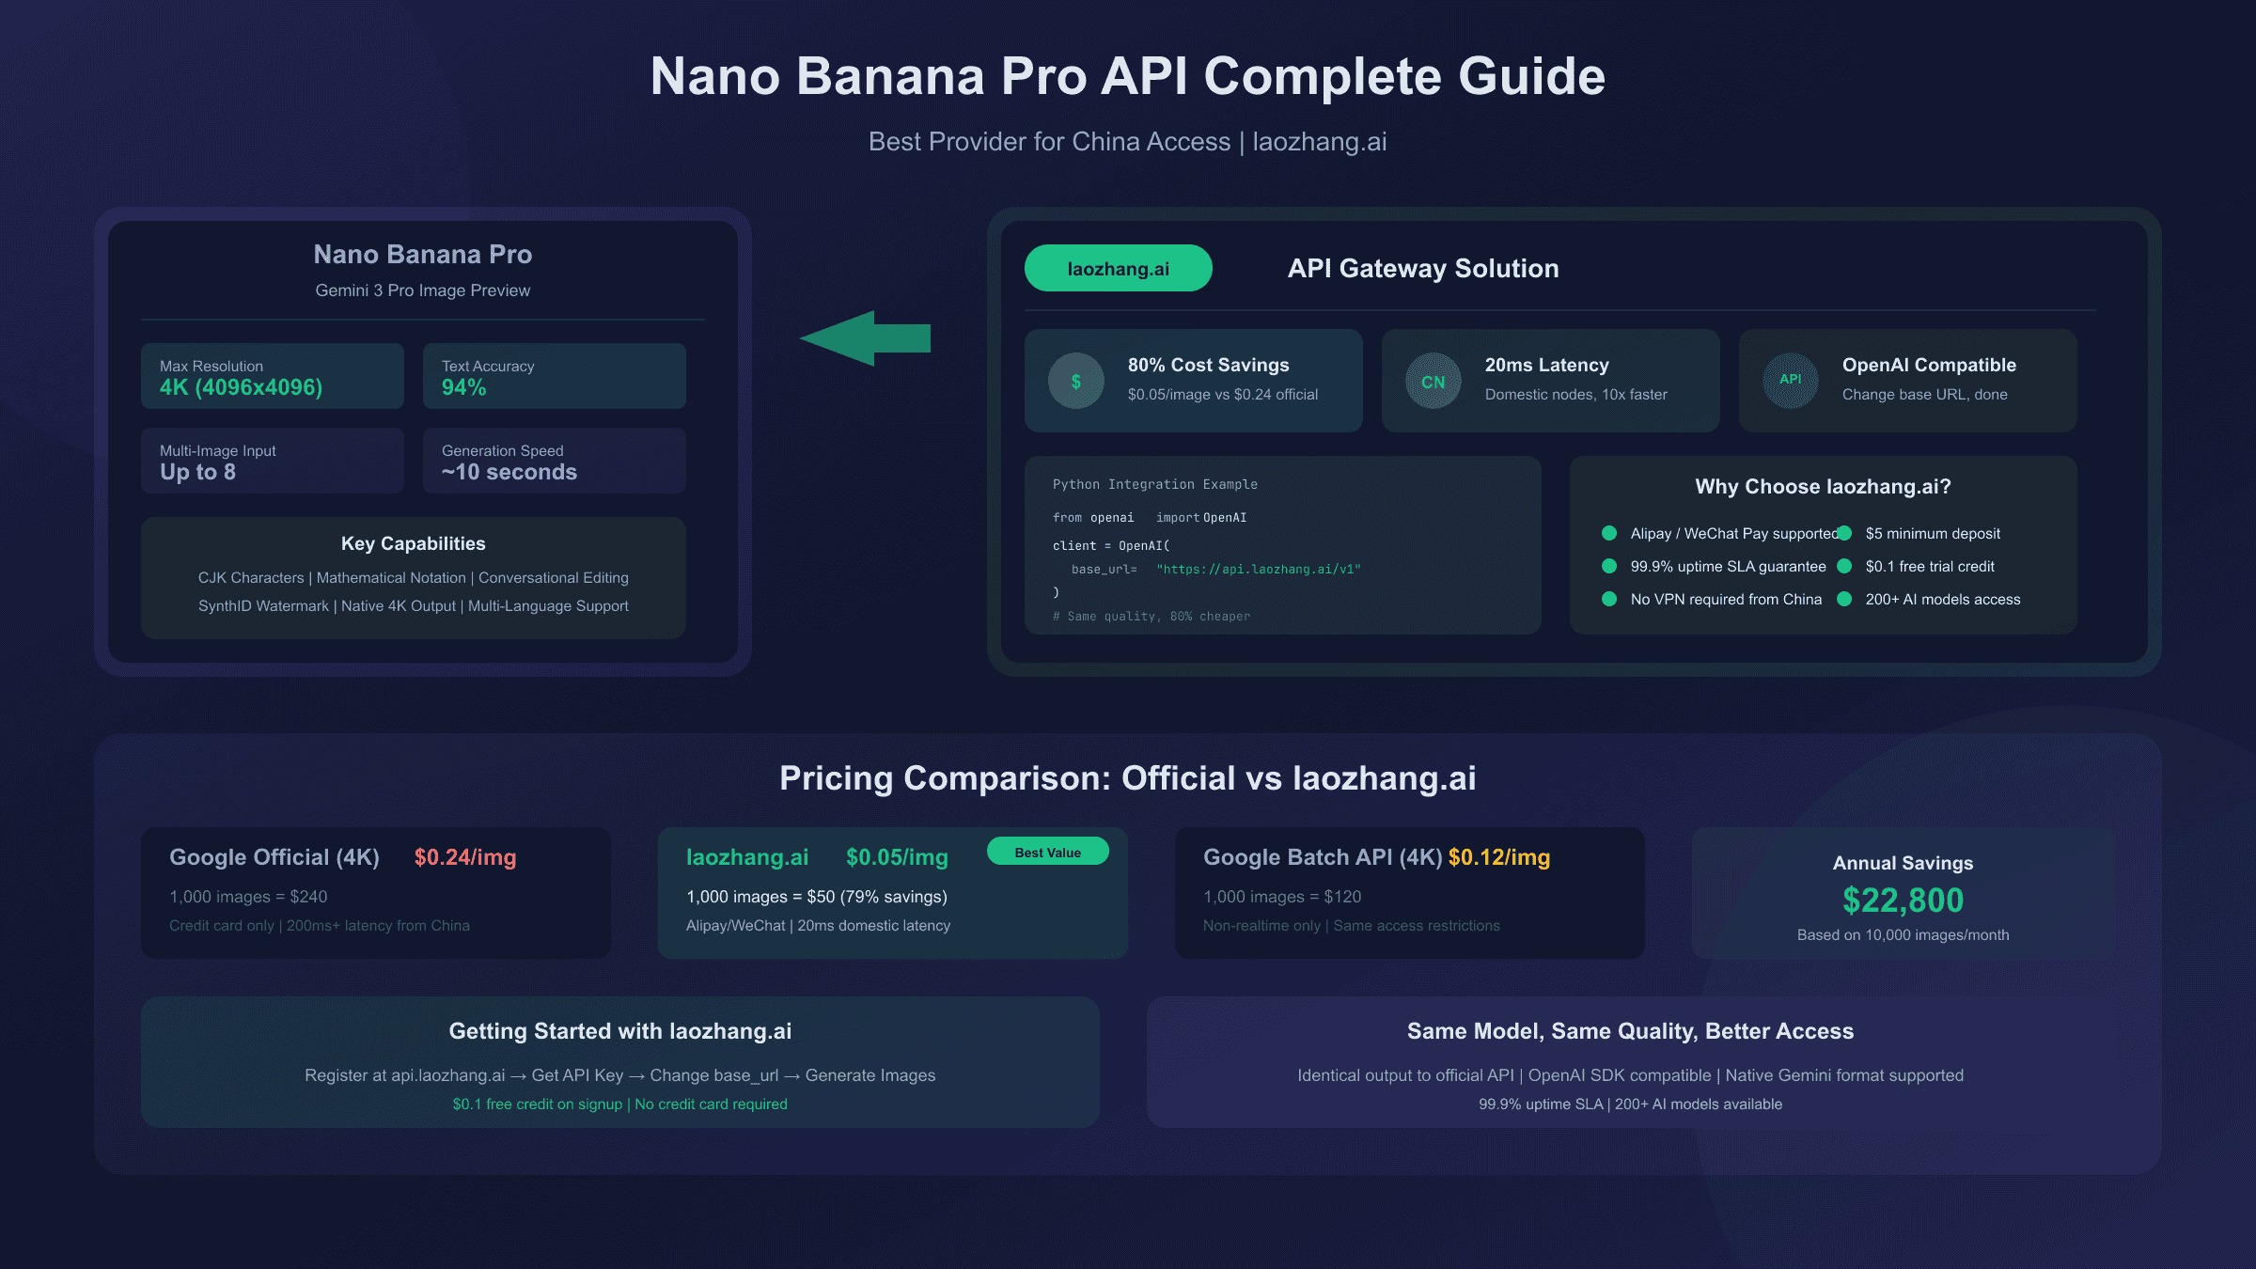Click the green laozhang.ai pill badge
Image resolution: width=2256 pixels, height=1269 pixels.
click(x=1118, y=268)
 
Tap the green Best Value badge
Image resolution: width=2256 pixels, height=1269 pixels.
click(x=1048, y=852)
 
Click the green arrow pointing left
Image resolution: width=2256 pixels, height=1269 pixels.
click(x=865, y=338)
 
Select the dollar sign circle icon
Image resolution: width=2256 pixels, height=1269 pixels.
click(x=1076, y=381)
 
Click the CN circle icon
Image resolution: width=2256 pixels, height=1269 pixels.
click(x=1433, y=381)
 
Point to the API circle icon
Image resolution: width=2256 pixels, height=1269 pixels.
click(x=1791, y=381)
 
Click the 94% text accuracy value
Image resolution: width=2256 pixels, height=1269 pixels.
click(x=464, y=387)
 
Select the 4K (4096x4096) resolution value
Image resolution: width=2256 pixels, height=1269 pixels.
click(x=241, y=387)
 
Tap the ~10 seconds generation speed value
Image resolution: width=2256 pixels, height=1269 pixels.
click(x=509, y=472)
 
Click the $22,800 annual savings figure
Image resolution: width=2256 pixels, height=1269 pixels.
click(x=1903, y=901)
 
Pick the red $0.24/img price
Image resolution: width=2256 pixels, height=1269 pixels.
click(x=465, y=857)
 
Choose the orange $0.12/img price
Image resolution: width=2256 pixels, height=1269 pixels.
click(x=1499, y=857)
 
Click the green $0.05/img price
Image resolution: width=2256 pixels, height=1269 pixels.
click(x=897, y=857)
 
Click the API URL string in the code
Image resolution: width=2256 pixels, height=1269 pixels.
click(x=1259, y=569)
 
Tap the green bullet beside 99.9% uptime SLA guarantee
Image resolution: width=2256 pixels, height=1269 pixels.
click(x=1609, y=566)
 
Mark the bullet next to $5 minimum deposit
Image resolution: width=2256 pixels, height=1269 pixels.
click(x=1844, y=533)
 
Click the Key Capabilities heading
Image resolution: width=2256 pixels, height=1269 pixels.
click(x=414, y=543)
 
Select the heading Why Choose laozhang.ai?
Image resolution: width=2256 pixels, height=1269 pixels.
click(x=1823, y=486)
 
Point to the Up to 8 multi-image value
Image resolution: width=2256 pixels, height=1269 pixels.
click(x=197, y=472)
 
